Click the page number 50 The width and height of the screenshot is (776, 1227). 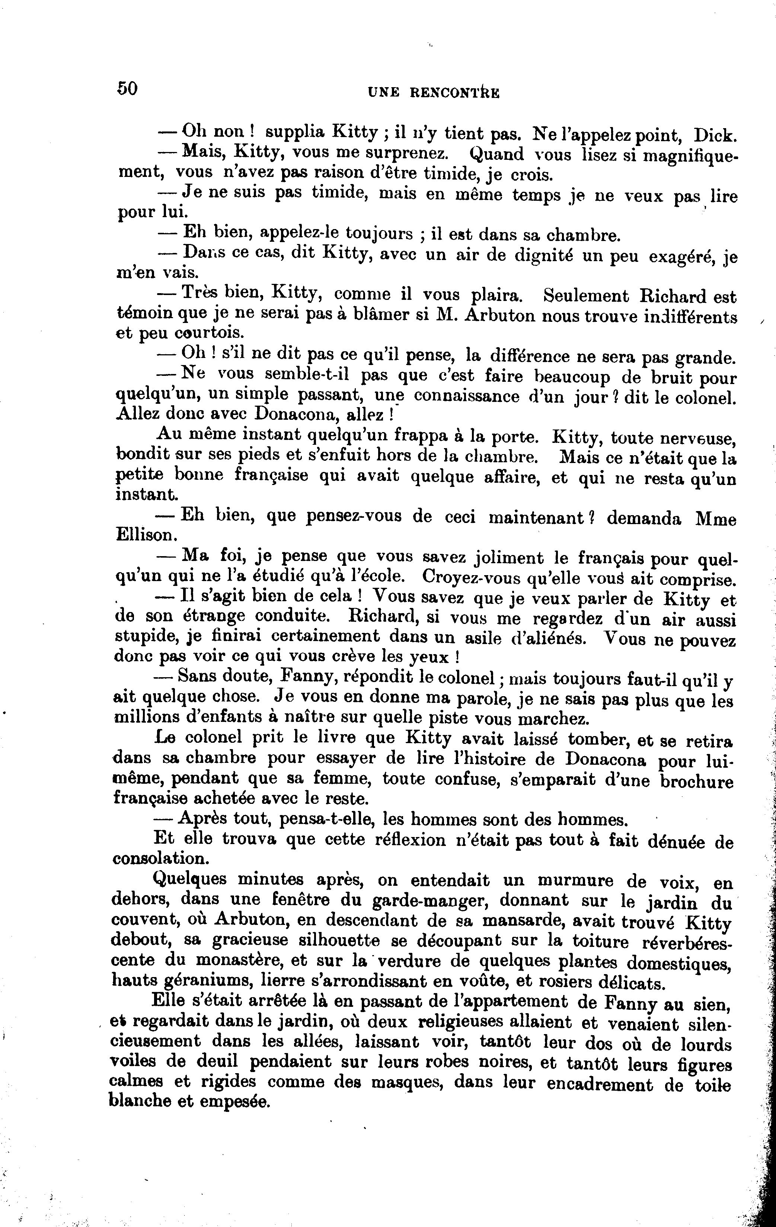click(x=127, y=88)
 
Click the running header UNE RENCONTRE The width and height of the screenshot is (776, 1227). click(x=433, y=92)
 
